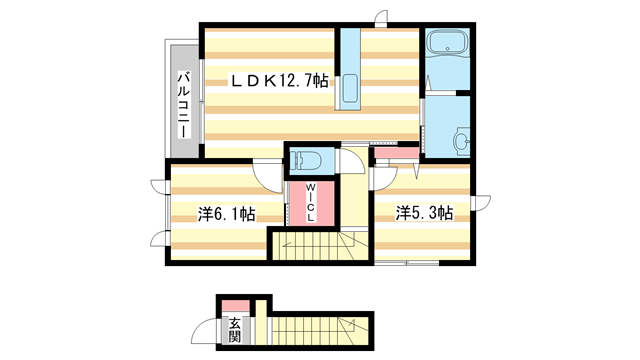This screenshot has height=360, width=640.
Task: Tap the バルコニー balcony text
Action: (x=185, y=101)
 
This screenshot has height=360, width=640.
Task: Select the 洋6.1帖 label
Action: (x=226, y=213)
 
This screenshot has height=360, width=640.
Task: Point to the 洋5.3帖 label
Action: (x=424, y=213)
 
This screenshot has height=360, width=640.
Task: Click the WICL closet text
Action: (x=311, y=203)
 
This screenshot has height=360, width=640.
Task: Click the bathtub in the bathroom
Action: (x=446, y=45)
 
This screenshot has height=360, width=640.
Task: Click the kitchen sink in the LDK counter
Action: (x=350, y=88)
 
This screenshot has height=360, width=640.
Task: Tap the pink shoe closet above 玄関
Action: (x=235, y=305)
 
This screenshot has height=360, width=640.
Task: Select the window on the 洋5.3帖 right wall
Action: (x=475, y=204)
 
